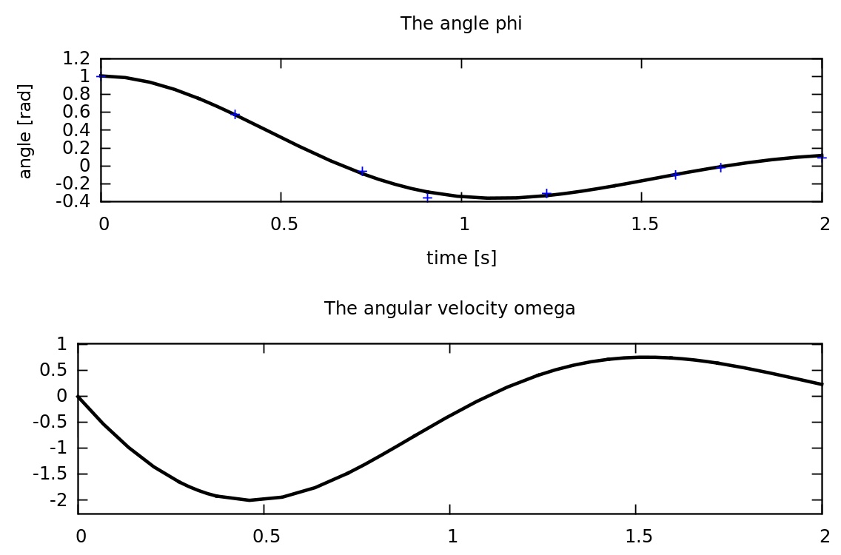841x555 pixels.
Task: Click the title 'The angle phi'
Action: pyautogui.click(x=461, y=24)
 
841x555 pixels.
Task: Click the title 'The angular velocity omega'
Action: pyautogui.click(x=449, y=309)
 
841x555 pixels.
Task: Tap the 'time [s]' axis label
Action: pyautogui.click(x=461, y=258)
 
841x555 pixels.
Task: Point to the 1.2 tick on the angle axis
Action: pyautogui.click(x=78, y=58)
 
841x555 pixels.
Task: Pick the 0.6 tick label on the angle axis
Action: pyautogui.click(x=78, y=112)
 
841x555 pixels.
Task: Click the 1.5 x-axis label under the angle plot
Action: pyautogui.click(x=645, y=224)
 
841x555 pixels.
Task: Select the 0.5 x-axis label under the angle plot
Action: pyautogui.click(x=284, y=224)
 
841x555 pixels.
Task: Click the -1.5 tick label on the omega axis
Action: pyautogui.click(x=53, y=474)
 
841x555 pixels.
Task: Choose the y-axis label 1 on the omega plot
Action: pyautogui.click(x=62, y=344)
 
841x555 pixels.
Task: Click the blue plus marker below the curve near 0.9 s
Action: pyautogui.click(x=427, y=198)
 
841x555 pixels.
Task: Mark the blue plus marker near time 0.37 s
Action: pyautogui.click(x=235, y=115)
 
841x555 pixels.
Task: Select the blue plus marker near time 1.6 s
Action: pyautogui.click(x=675, y=175)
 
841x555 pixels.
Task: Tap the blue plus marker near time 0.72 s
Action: pyautogui.click(x=363, y=171)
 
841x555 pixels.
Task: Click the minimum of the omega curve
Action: pyautogui.click(x=249, y=500)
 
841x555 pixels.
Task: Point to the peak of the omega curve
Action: pyautogui.click(x=644, y=357)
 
